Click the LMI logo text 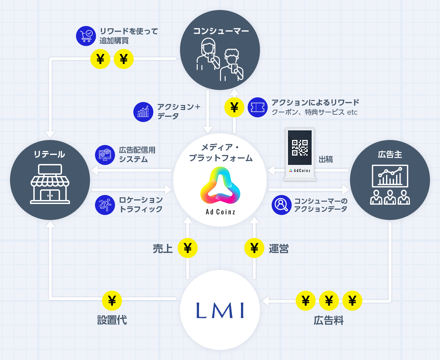point(220,310)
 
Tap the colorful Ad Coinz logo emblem point(220,186)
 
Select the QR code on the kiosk point(300,148)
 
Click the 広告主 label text point(390,154)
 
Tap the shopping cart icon point(86,36)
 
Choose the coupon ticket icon point(258,107)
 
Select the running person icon point(105,205)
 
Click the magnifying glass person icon point(282,205)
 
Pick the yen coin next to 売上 point(188,248)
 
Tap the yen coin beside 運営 point(254,248)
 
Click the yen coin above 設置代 point(112,301)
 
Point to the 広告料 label point(328,320)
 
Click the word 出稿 point(325,159)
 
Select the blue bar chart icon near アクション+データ point(143,112)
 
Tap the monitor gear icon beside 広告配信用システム point(105,155)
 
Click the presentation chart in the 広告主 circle point(390,176)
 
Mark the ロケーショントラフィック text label point(141,204)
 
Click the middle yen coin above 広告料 point(329,301)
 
